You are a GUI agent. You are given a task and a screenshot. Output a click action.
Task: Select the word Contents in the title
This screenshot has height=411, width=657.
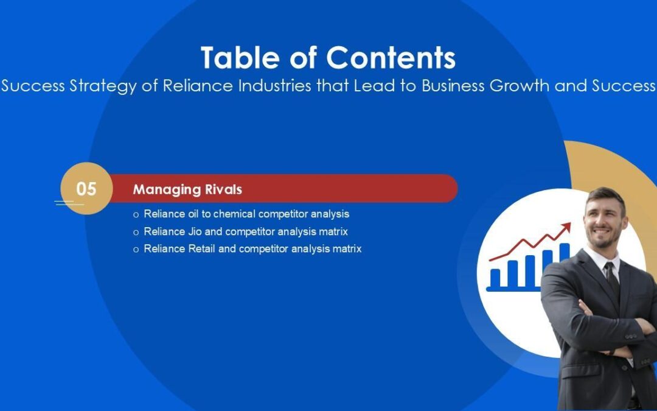391,58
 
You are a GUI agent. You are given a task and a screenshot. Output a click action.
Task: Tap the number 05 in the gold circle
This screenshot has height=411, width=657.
86,189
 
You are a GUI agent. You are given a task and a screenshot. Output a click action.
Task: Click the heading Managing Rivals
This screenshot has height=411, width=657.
187,189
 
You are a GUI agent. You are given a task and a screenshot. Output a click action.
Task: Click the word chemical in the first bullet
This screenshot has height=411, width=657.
234,214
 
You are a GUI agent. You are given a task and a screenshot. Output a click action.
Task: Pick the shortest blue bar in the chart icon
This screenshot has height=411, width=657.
495,278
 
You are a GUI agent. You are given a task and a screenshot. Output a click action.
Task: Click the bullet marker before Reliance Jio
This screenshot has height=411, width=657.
136,232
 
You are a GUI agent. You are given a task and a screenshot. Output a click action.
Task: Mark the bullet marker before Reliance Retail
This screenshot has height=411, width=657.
136,249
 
